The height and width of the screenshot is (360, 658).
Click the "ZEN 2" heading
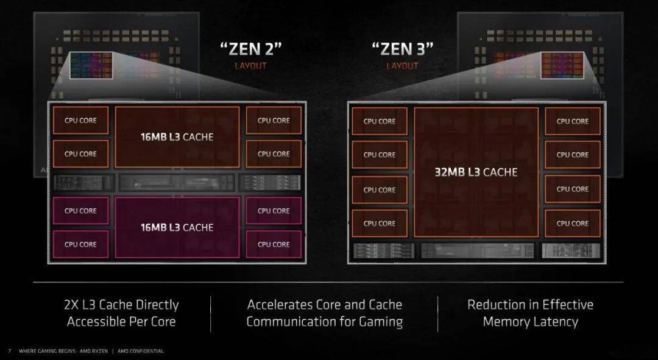tap(251, 49)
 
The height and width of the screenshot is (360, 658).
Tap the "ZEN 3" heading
tap(403, 49)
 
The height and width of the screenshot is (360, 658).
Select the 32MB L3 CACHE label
tap(476, 172)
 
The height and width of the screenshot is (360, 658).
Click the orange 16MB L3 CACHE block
tap(177, 137)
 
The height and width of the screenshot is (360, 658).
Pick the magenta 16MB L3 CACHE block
tap(177, 227)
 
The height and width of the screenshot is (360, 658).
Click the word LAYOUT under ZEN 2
tap(250, 66)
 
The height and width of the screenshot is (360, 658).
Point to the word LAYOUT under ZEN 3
tap(403, 66)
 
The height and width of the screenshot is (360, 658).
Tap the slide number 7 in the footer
tap(10, 351)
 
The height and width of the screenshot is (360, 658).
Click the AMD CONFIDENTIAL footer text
tap(141, 351)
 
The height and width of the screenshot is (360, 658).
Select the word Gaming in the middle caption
tap(381, 322)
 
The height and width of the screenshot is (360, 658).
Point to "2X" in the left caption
tap(71, 305)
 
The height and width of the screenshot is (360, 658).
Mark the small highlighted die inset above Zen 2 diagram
tap(91, 65)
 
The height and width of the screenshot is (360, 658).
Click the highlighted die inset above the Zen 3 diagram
tap(562, 65)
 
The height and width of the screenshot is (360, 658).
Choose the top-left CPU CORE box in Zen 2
tap(80, 121)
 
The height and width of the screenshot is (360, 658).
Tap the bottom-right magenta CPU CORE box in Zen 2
tap(274, 244)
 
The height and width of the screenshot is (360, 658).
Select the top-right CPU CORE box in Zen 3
tap(572, 121)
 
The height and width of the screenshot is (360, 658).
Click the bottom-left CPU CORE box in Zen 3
tap(380, 224)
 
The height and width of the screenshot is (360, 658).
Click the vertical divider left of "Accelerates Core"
tap(211, 314)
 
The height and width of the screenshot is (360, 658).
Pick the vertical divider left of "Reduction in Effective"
tap(437, 314)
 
